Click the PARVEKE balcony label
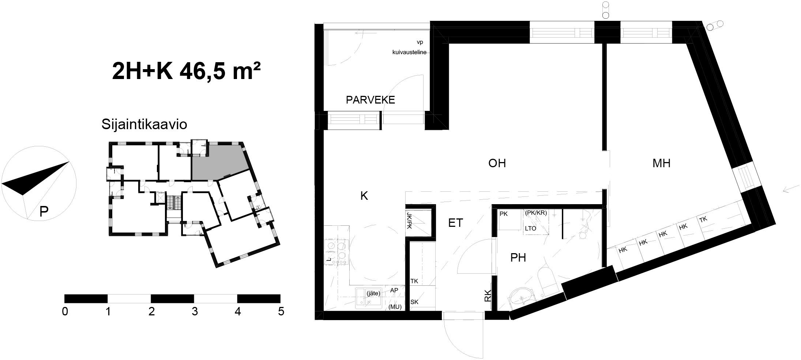tap(371, 100)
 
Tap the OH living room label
tap(497, 163)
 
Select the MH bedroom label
tap(661, 163)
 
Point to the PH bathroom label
tap(518, 258)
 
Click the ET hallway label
tap(456, 222)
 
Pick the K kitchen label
tap(364, 196)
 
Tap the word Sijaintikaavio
tap(144, 124)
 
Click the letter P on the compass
tap(44, 211)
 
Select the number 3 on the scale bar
tap(195, 312)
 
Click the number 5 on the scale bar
tap(281, 312)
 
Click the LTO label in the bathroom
tap(530, 229)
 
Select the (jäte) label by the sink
tap(373, 293)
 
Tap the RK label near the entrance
tap(488, 296)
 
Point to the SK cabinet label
tap(414, 302)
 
